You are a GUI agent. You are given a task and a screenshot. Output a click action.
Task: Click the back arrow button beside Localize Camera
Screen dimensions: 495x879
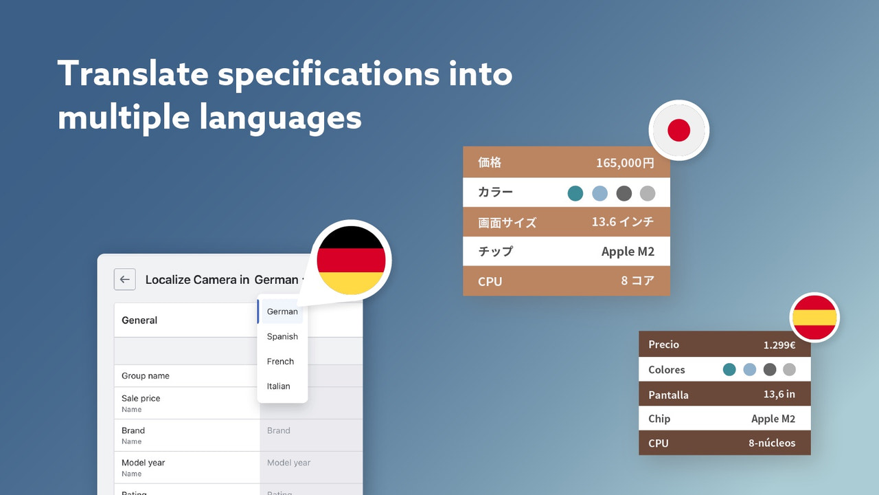click(124, 279)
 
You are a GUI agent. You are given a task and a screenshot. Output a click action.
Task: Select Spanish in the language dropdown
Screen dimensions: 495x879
click(282, 336)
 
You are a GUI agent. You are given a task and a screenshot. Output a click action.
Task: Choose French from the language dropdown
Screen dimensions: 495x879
click(280, 361)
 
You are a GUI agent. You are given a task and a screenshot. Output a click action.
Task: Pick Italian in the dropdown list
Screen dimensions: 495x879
click(278, 386)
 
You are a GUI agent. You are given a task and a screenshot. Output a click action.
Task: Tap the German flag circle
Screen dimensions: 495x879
click(350, 261)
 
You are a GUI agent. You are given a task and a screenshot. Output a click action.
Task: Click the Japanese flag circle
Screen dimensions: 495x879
click(678, 130)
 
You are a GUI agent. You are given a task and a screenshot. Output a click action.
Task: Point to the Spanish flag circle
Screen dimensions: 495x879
click(814, 317)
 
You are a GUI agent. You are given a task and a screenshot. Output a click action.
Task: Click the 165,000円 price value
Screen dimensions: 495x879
click(625, 163)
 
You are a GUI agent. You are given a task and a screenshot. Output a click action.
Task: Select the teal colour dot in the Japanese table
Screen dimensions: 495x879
click(575, 193)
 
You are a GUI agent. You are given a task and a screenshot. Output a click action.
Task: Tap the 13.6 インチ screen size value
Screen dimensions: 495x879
click(623, 222)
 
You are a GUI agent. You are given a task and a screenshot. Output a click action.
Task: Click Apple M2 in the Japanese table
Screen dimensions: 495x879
click(628, 251)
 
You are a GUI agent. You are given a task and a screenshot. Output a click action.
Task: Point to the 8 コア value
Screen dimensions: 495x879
click(637, 280)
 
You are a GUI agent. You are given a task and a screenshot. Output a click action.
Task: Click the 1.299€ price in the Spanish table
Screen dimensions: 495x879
click(779, 344)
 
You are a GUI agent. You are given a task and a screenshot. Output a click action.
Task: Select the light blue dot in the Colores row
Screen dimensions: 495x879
click(749, 369)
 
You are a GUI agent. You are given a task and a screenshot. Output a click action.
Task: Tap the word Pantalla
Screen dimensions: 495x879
click(668, 395)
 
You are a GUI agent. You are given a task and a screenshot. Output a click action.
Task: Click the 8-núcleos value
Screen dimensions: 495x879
click(771, 443)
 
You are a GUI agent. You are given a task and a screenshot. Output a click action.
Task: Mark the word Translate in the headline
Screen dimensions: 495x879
click(131, 74)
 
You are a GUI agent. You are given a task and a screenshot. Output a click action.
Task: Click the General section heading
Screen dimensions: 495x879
click(139, 320)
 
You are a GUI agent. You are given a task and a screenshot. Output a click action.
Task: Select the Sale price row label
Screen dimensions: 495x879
click(141, 398)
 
